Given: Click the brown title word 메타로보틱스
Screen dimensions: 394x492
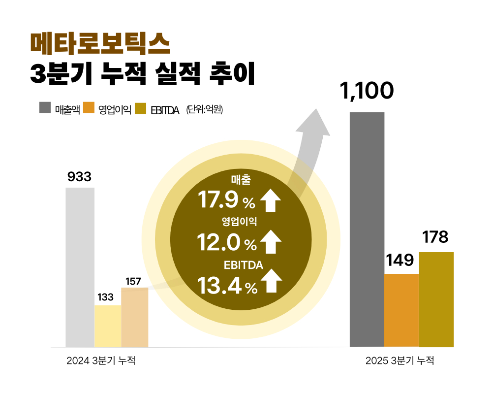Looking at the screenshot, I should point(100,44).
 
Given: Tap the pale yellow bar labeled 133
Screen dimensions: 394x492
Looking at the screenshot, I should point(108,326).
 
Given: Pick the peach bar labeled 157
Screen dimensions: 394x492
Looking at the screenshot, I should point(134,317).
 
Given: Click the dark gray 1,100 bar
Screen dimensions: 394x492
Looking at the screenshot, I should point(367,230).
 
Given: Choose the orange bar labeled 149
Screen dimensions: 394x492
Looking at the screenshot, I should point(401,310).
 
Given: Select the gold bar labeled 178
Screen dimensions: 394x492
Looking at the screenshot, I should point(436,299).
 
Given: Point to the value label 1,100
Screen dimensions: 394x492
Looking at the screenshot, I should point(367,92).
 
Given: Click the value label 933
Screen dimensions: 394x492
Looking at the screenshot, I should point(80,177).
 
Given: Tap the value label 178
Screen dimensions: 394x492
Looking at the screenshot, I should point(436,237).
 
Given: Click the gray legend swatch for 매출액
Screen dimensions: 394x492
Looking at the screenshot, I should point(45,108).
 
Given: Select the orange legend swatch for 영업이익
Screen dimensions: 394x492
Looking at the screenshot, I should point(89,108).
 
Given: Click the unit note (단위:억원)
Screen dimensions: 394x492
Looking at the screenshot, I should point(205,109).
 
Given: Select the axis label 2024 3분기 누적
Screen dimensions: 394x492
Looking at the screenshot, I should point(101,361).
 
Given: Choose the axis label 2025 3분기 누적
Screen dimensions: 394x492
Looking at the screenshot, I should point(400,361).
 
